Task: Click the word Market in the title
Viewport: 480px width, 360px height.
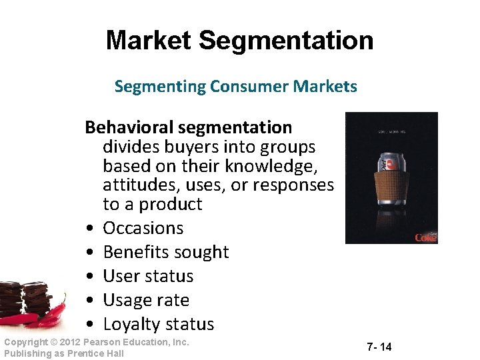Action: (x=149, y=41)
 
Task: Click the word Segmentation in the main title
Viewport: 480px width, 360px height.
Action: (x=286, y=41)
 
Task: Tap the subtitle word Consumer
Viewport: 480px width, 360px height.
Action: (x=232, y=87)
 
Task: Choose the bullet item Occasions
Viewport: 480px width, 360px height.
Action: (x=143, y=228)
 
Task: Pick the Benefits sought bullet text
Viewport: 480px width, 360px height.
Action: (x=165, y=252)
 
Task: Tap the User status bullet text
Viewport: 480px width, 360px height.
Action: (x=148, y=276)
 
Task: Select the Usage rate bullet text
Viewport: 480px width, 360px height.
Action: (x=146, y=300)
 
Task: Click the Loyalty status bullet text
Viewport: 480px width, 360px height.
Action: (x=158, y=324)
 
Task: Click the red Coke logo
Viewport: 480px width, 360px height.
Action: (x=425, y=237)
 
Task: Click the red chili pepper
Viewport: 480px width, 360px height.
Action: (x=50, y=313)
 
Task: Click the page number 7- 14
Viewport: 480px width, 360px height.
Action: (x=379, y=347)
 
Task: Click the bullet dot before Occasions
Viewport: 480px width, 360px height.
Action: (x=89, y=229)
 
